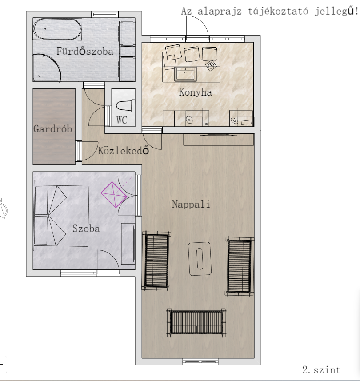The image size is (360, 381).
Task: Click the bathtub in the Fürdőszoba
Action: click(57, 29)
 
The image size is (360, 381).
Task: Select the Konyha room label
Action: click(195, 92)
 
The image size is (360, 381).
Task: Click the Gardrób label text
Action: click(53, 129)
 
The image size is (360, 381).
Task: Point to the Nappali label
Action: click(191, 204)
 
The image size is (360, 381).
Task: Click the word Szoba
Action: click(86, 229)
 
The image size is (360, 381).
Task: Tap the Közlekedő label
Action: click(124, 150)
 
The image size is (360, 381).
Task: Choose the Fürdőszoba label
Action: click(85, 51)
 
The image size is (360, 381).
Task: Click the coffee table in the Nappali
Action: click(200, 259)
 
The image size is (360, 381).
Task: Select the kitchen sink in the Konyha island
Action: click(185, 74)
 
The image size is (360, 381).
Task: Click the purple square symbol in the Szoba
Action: click(114, 195)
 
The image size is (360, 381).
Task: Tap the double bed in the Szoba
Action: click(61, 216)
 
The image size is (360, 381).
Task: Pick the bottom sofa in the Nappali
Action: click(196, 323)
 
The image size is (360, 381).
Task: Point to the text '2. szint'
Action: click(321, 370)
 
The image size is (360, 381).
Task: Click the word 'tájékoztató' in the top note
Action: click(278, 12)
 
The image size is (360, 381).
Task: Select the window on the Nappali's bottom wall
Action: click(200, 361)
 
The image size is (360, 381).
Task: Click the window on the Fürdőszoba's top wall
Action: click(105, 14)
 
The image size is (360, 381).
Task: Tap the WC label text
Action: click(122, 120)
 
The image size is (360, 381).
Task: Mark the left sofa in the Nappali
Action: click(156, 261)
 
